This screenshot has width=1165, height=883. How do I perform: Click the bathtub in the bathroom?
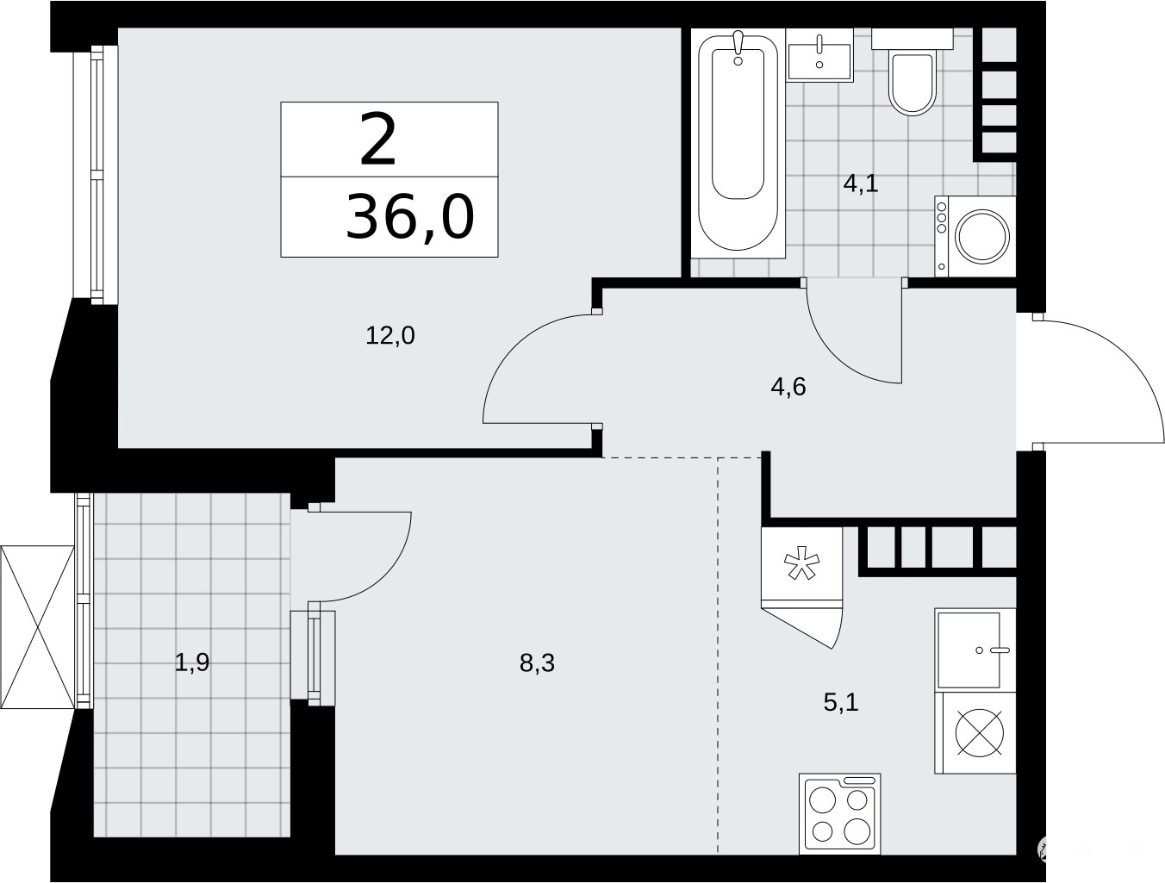tap(738, 143)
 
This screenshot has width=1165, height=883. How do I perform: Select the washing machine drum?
tap(981, 236)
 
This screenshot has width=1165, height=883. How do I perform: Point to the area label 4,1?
tap(861, 184)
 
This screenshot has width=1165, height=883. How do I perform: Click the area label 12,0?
tap(390, 336)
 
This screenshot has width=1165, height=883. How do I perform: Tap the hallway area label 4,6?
tap(788, 388)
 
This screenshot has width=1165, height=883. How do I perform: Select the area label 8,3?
tap(537, 662)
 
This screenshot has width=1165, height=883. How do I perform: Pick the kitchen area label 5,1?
tap(841, 702)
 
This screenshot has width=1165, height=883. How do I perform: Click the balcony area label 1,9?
tap(192, 662)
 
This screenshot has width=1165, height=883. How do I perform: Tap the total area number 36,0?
tap(410, 216)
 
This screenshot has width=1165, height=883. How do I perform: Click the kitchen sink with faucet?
tap(975, 650)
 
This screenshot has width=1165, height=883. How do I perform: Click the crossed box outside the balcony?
tap(37, 626)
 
